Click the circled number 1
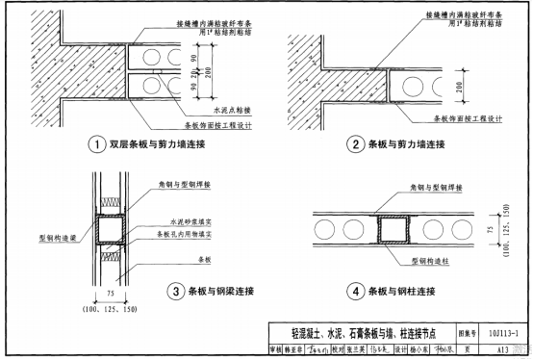click(x=97, y=145)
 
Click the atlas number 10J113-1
click(x=498, y=332)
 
